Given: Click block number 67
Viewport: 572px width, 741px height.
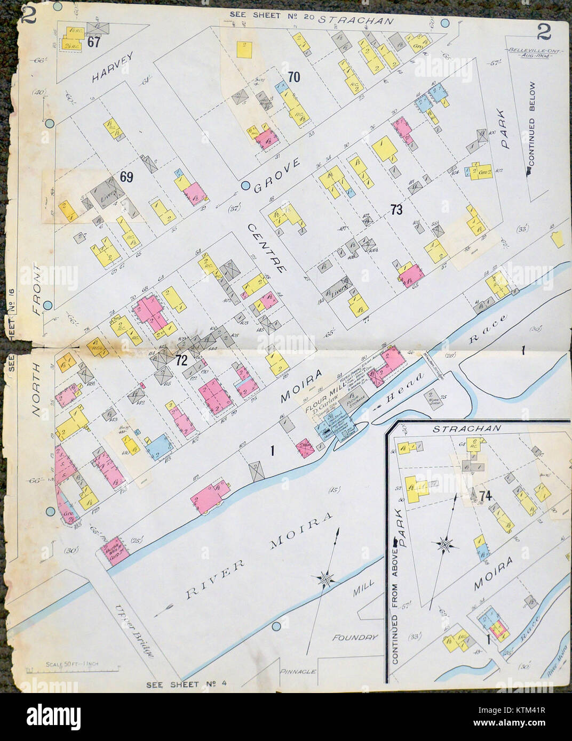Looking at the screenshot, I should [x=94, y=42].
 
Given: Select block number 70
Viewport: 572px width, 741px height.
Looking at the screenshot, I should [x=293, y=77].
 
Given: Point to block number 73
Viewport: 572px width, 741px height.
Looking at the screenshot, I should [x=395, y=210].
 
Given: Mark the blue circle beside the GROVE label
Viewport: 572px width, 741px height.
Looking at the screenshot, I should [x=245, y=186].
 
